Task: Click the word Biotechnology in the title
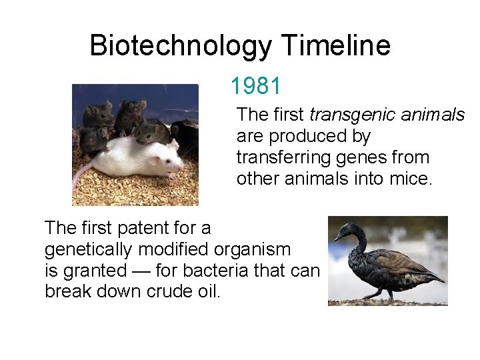tap(181, 46)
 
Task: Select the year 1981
tap(256, 85)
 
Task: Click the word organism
tap(253, 249)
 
